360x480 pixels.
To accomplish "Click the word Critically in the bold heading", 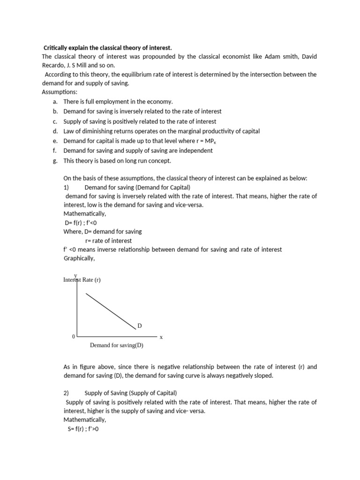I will tap(58, 48).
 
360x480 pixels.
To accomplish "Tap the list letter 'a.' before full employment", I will tap(55, 101).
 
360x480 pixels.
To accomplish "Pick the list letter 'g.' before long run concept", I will tap(55, 161).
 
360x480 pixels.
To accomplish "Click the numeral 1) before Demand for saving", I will tap(66, 187).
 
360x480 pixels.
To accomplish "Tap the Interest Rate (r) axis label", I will tap(82, 280).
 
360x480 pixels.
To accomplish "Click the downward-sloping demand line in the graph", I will tap(110, 311).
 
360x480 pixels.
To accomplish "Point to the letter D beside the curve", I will tap(139, 325).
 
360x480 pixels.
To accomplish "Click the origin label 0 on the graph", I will tap(73, 337).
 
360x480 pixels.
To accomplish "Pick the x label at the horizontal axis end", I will tap(161, 337).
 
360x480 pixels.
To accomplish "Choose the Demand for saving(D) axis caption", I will tap(116, 345).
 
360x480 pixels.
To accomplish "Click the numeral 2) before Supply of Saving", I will tap(66, 393).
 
